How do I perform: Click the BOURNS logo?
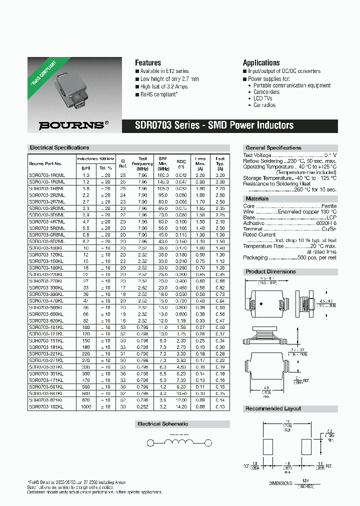(73, 125)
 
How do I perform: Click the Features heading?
(148, 63)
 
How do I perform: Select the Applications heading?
(261, 63)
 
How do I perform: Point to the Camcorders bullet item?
(266, 92)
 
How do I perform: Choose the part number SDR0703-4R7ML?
(47, 221)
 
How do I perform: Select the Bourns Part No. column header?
(45, 163)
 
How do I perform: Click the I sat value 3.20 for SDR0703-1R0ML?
(219, 175)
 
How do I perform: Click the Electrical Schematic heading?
(163, 424)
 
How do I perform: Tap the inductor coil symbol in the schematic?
(180, 443)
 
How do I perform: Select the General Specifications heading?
(273, 148)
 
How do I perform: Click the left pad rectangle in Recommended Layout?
(268, 446)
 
